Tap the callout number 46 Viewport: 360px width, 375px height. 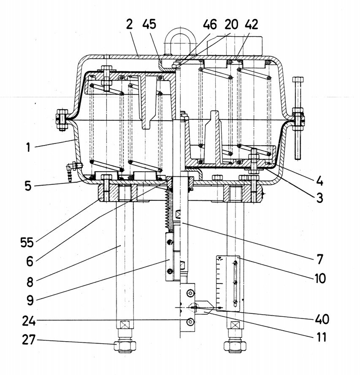210,25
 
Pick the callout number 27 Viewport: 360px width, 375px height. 29,340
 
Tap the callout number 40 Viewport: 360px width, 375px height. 321,319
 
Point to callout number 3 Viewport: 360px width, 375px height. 319,198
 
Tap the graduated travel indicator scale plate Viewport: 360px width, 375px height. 228,282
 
